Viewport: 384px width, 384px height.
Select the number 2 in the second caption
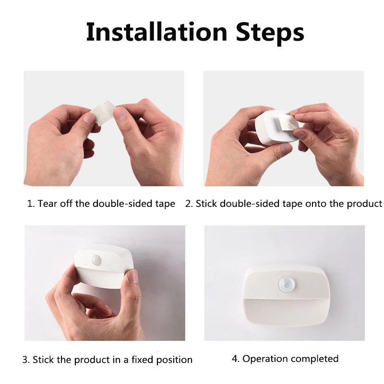pos(189,204)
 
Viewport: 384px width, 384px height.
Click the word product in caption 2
pos(364,204)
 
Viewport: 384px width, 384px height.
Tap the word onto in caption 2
pos(315,204)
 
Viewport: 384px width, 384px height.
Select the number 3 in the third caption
pos(25,360)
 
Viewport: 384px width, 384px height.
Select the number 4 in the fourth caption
pos(235,359)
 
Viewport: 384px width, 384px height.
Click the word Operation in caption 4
pos(265,359)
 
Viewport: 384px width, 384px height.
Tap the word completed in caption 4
pos(315,359)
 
